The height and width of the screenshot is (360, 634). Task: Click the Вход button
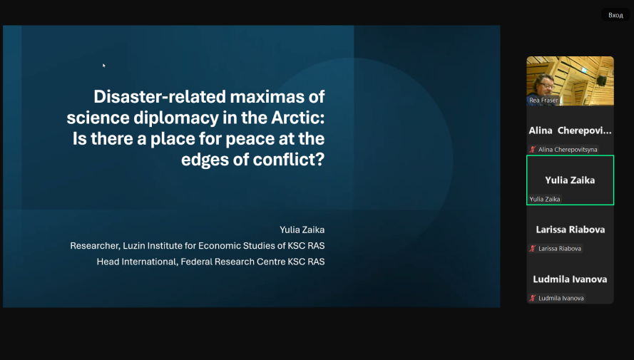[615, 15]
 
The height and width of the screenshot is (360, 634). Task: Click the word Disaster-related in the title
[160, 96]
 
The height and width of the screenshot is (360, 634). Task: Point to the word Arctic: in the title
[297, 118]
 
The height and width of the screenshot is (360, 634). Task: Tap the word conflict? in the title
[289, 159]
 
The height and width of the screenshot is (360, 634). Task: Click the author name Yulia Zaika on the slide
[302, 230]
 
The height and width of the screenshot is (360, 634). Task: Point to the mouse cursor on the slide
[104, 66]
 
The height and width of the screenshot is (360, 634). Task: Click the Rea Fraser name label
[543, 101]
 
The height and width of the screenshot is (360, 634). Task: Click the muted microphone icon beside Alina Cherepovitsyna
[533, 150]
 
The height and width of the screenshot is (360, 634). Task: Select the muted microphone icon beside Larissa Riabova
[533, 249]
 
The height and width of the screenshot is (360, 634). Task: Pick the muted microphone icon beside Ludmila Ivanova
[533, 298]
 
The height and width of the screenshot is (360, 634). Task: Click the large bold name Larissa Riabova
[570, 230]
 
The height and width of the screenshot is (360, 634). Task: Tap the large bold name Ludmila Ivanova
[570, 279]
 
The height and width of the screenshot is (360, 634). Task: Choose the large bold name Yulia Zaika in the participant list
[570, 180]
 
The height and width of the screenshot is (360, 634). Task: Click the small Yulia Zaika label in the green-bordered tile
[545, 199]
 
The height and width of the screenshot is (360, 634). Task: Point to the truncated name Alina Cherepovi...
[570, 130]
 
